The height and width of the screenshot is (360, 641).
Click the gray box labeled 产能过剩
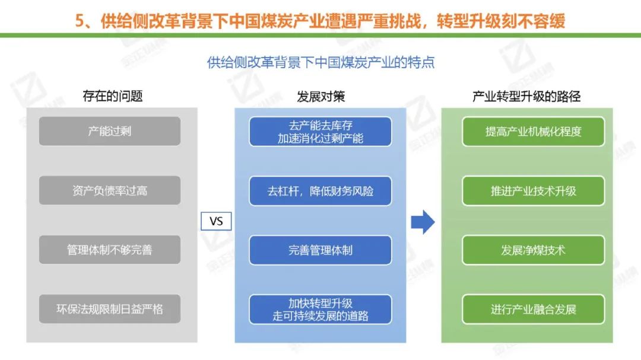click(110, 131)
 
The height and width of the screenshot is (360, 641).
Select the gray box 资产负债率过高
click(110, 190)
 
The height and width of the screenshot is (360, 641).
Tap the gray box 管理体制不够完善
click(110, 250)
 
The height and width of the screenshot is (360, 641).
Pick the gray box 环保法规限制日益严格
click(110, 309)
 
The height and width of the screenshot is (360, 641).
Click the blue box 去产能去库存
click(320, 132)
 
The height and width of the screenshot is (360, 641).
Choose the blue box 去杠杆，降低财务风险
click(320, 191)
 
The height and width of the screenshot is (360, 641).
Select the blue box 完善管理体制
click(320, 250)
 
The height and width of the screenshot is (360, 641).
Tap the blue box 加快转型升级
click(320, 309)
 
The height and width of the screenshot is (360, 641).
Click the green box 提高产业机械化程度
click(533, 132)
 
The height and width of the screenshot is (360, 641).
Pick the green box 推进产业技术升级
click(533, 191)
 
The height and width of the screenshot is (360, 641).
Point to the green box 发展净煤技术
click(533, 250)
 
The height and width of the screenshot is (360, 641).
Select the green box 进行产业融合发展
click(533, 309)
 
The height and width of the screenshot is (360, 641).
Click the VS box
click(216, 221)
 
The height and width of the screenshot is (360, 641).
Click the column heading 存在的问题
click(113, 96)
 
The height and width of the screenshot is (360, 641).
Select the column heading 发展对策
click(320, 96)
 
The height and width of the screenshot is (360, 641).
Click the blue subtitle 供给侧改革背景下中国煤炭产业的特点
click(320, 62)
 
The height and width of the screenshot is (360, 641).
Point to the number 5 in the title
click(81, 21)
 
